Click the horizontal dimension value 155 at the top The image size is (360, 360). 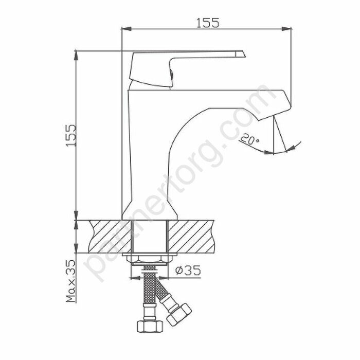[x=208, y=23]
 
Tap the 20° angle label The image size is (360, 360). [x=250, y=138]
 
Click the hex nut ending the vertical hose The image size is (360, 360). [x=148, y=325]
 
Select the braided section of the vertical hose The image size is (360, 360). [x=149, y=291]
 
